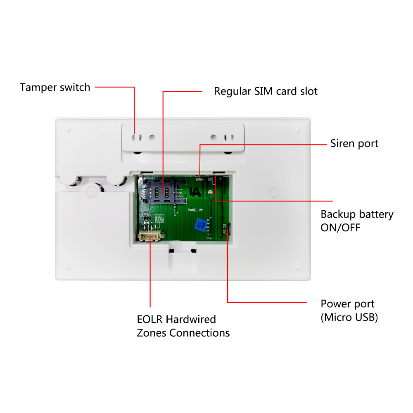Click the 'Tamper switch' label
[55, 88]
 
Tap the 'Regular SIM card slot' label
[266, 91]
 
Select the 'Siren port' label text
[354, 144]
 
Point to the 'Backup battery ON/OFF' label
[357, 221]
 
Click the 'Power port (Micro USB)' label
[349, 311]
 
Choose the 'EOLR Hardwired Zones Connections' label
[183, 326]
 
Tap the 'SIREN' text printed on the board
[199, 180]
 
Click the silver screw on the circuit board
[211, 193]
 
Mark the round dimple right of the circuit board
[274, 191]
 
